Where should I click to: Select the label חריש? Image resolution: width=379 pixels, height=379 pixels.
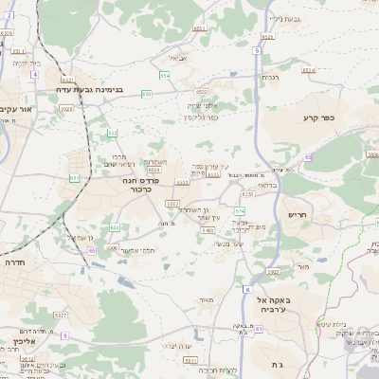(x=298, y=214)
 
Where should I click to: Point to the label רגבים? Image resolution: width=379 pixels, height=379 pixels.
(x=268, y=77)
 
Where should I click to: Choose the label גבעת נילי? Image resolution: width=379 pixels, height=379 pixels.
(x=284, y=18)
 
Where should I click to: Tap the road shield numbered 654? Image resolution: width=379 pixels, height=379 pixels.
(x=165, y=75)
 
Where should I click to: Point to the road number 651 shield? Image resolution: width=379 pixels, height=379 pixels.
(x=74, y=177)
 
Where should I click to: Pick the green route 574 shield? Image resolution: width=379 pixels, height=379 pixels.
(x=240, y=210)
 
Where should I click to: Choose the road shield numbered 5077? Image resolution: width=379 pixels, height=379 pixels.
(x=60, y=315)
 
